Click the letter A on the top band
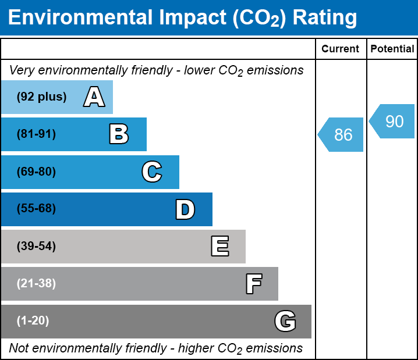pos(94,97)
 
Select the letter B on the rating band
pos(119,134)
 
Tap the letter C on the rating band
pos(151,172)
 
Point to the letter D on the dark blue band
pos(185,209)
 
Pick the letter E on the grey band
pos(219,247)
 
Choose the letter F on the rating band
pos(253,284)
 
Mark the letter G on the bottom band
pos(285,321)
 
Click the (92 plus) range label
pos(41,97)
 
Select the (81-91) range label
pos(36,134)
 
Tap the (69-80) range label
pos(36,172)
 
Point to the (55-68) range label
pos(36,209)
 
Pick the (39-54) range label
pos(36,247)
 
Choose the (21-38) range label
pos(36,284)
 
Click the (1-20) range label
pos(33,321)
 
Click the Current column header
pos(341,49)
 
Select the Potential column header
pos(392,49)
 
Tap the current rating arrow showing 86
pos(342,135)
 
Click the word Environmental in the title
pos(77,17)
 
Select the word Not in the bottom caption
pos(19,348)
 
